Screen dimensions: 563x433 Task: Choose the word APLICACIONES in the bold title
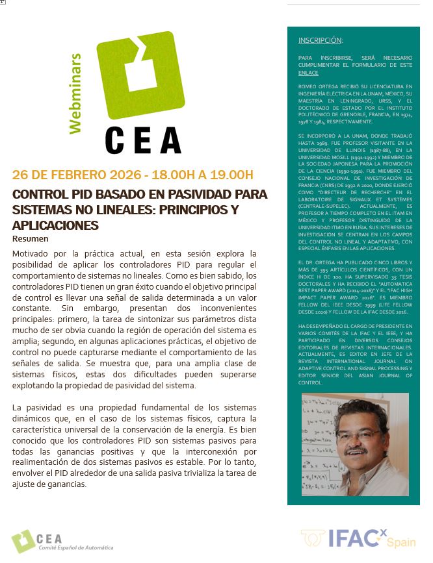(x=55, y=225)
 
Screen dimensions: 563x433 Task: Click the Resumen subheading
(x=29, y=238)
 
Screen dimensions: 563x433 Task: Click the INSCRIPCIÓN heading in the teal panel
(x=320, y=40)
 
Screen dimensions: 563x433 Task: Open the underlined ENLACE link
(x=308, y=73)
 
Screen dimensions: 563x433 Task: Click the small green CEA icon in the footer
(x=23, y=540)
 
